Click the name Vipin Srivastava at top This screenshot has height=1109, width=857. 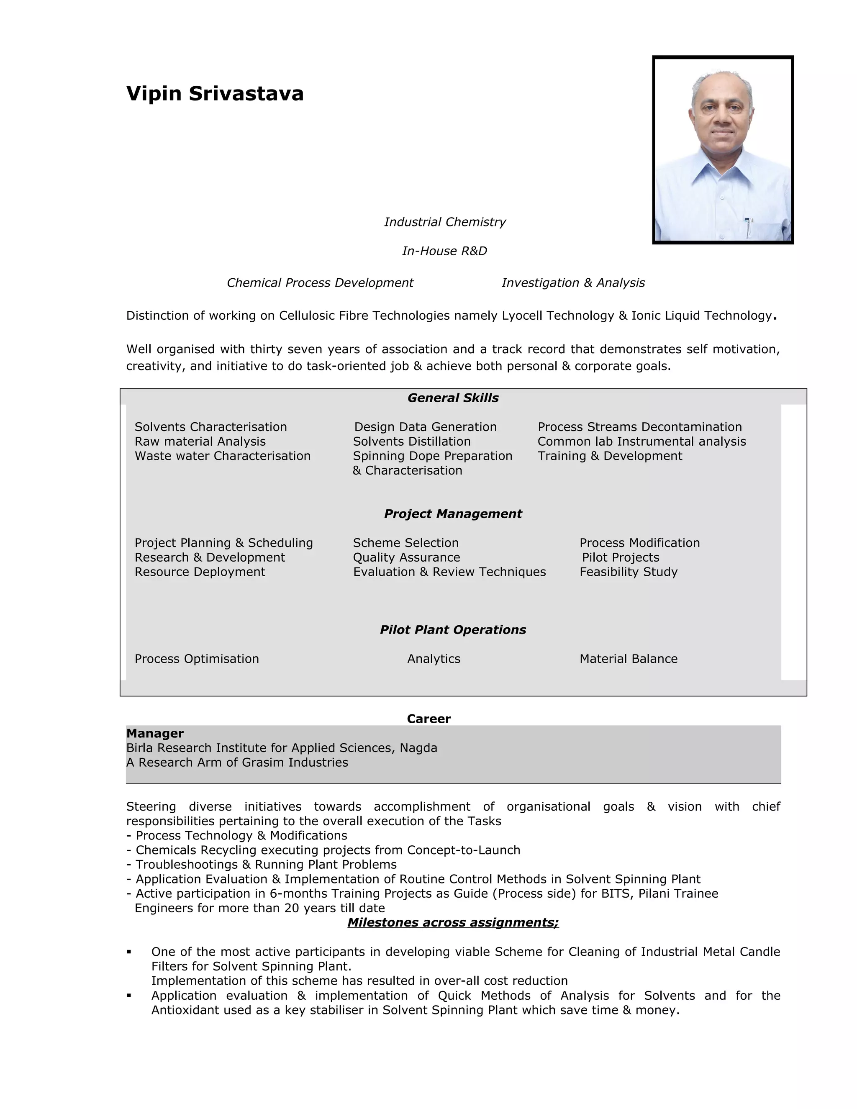click(215, 94)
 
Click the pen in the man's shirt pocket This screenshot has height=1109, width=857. click(748, 227)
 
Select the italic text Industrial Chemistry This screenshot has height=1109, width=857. click(445, 222)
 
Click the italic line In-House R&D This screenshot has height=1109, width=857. click(444, 251)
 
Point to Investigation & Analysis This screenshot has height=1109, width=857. click(573, 283)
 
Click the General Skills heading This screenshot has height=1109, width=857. click(453, 398)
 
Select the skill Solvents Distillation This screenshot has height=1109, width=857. click(412, 442)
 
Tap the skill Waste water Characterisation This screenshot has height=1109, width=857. click(222, 456)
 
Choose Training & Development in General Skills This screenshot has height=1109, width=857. click(610, 456)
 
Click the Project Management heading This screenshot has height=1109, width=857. click(453, 514)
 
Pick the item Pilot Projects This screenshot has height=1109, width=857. click(621, 557)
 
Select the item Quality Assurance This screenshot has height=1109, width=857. click(406, 557)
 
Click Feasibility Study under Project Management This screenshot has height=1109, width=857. click(629, 572)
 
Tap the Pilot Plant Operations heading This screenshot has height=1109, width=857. click(453, 630)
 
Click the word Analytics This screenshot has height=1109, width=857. click(434, 659)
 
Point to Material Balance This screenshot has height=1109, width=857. click(629, 659)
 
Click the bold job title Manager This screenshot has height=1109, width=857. click(155, 733)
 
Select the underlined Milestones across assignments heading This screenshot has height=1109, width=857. click(453, 923)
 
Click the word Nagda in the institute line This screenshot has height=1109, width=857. click(418, 748)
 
